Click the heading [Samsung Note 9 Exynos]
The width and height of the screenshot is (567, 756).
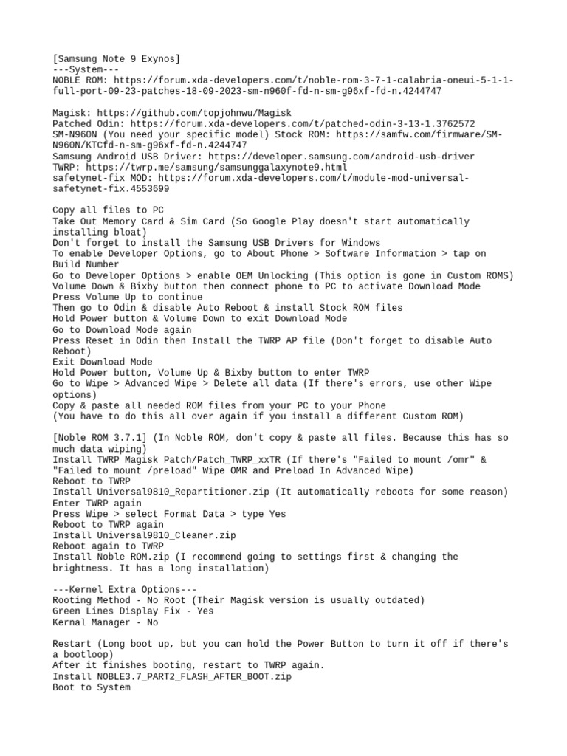click(116, 59)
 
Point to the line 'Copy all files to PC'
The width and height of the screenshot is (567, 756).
click(109, 210)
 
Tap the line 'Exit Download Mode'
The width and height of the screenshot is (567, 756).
click(103, 362)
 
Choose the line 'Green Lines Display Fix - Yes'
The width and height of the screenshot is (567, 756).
click(133, 611)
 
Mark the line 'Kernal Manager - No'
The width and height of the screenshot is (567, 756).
click(106, 622)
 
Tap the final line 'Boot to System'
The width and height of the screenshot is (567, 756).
click(92, 687)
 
